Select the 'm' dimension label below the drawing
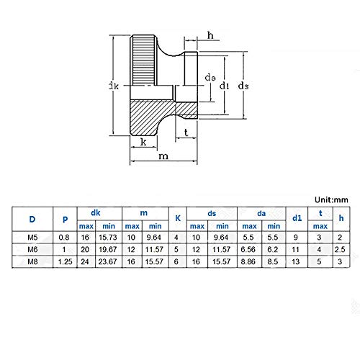point(164,156)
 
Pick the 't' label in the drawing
point(186,132)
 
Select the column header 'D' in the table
point(31,219)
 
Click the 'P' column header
point(66,219)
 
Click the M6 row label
point(31,249)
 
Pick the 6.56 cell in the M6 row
point(247,249)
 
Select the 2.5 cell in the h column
point(341,249)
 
